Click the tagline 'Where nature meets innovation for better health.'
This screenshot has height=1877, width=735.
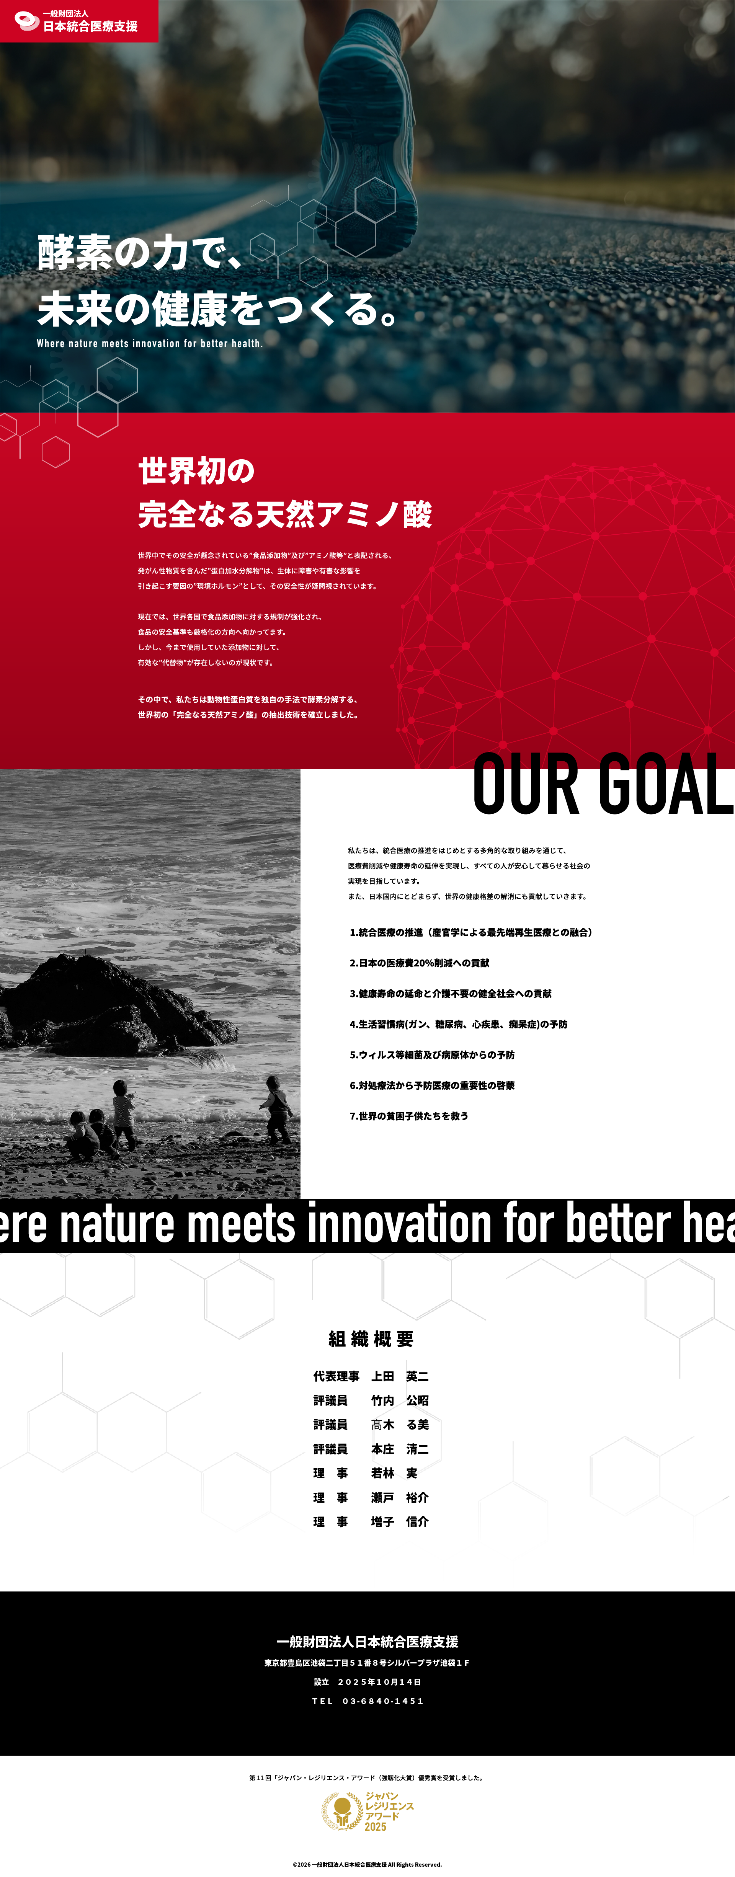point(149,343)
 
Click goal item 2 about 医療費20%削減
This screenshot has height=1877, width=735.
point(420,963)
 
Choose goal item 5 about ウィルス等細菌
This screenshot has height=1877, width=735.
point(432,1054)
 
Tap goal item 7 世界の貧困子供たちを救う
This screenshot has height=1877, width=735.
point(409,1116)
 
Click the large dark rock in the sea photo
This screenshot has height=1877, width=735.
point(116,1005)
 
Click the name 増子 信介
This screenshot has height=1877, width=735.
point(400,1521)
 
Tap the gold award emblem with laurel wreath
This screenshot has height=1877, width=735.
point(342,1811)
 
